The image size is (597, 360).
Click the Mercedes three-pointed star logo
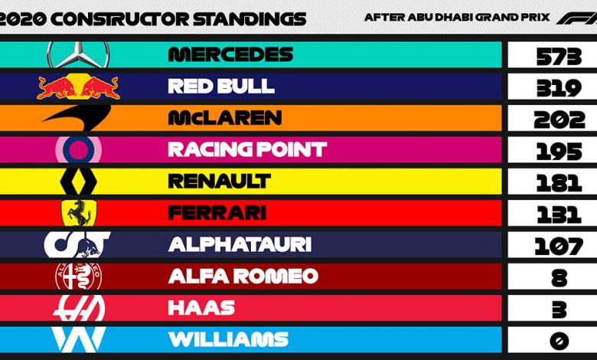click(78, 54)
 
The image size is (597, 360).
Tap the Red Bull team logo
click(78, 87)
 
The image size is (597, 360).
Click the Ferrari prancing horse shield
click(79, 213)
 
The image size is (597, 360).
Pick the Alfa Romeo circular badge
click(78, 276)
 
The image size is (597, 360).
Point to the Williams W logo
click(78, 339)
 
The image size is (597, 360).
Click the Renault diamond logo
click(79, 181)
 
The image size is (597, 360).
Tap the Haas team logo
click(79, 308)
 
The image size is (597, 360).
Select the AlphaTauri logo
click(77, 244)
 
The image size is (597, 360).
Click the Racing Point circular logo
click(78, 149)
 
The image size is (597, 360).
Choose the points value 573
click(559, 57)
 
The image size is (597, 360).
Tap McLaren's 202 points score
click(559, 119)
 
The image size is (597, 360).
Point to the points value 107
click(559, 246)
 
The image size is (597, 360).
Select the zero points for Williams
click(559, 341)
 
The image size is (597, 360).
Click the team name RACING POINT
click(247, 149)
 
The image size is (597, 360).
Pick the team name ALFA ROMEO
click(243, 276)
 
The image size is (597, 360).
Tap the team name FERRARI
click(217, 213)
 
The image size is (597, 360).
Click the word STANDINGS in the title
click(250, 18)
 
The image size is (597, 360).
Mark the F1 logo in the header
click(576, 18)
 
